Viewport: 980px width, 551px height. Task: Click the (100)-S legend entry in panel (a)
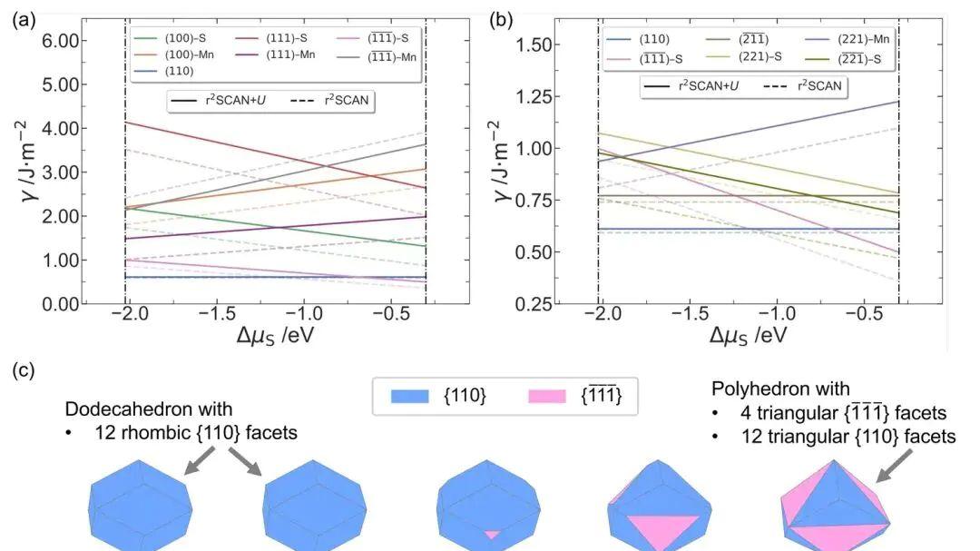click(170, 38)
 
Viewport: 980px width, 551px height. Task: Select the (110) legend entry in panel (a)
click(163, 72)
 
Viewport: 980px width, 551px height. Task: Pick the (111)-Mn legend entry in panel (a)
click(275, 55)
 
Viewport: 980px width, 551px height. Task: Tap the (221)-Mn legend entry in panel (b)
click(848, 39)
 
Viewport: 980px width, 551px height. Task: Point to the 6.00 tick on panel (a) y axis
click(61, 41)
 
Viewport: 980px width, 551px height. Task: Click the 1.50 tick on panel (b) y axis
click(534, 45)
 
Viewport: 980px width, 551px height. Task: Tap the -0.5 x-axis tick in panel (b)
click(868, 313)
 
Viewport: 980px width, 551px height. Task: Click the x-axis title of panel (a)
click(275, 336)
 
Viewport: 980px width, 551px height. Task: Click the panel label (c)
click(24, 370)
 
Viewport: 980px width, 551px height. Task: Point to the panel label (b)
click(501, 20)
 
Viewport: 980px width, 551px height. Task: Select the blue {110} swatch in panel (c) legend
click(410, 396)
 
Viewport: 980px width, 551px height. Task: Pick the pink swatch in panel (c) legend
click(547, 396)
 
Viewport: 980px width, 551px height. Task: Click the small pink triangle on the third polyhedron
click(492, 535)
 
